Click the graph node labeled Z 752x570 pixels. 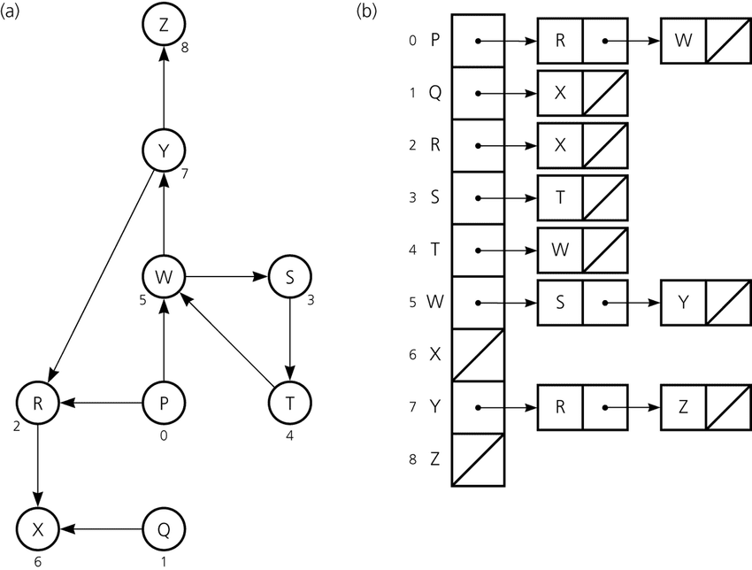pyautogui.click(x=163, y=27)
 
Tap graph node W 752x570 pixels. pyautogui.click(x=163, y=277)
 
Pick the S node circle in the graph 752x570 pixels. pyautogui.click(x=290, y=277)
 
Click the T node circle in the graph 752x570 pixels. pyautogui.click(x=290, y=404)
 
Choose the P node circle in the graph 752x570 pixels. pyautogui.click(x=163, y=404)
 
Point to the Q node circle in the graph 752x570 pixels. pyautogui.click(x=163, y=529)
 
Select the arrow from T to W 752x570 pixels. pyautogui.click(x=228, y=342)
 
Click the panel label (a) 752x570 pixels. pyautogui.click(x=17, y=12)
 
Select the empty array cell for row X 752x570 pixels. pyautogui.click(x=478, y=354)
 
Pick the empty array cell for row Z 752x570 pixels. pyautogui.click(x=478, y=459)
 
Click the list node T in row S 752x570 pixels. pyautogui.click(x=560, y=197)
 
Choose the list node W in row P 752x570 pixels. pyautogui.click(x=682, y=41)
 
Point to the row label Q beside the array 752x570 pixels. pyautogui.click(x=434, y=92)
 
